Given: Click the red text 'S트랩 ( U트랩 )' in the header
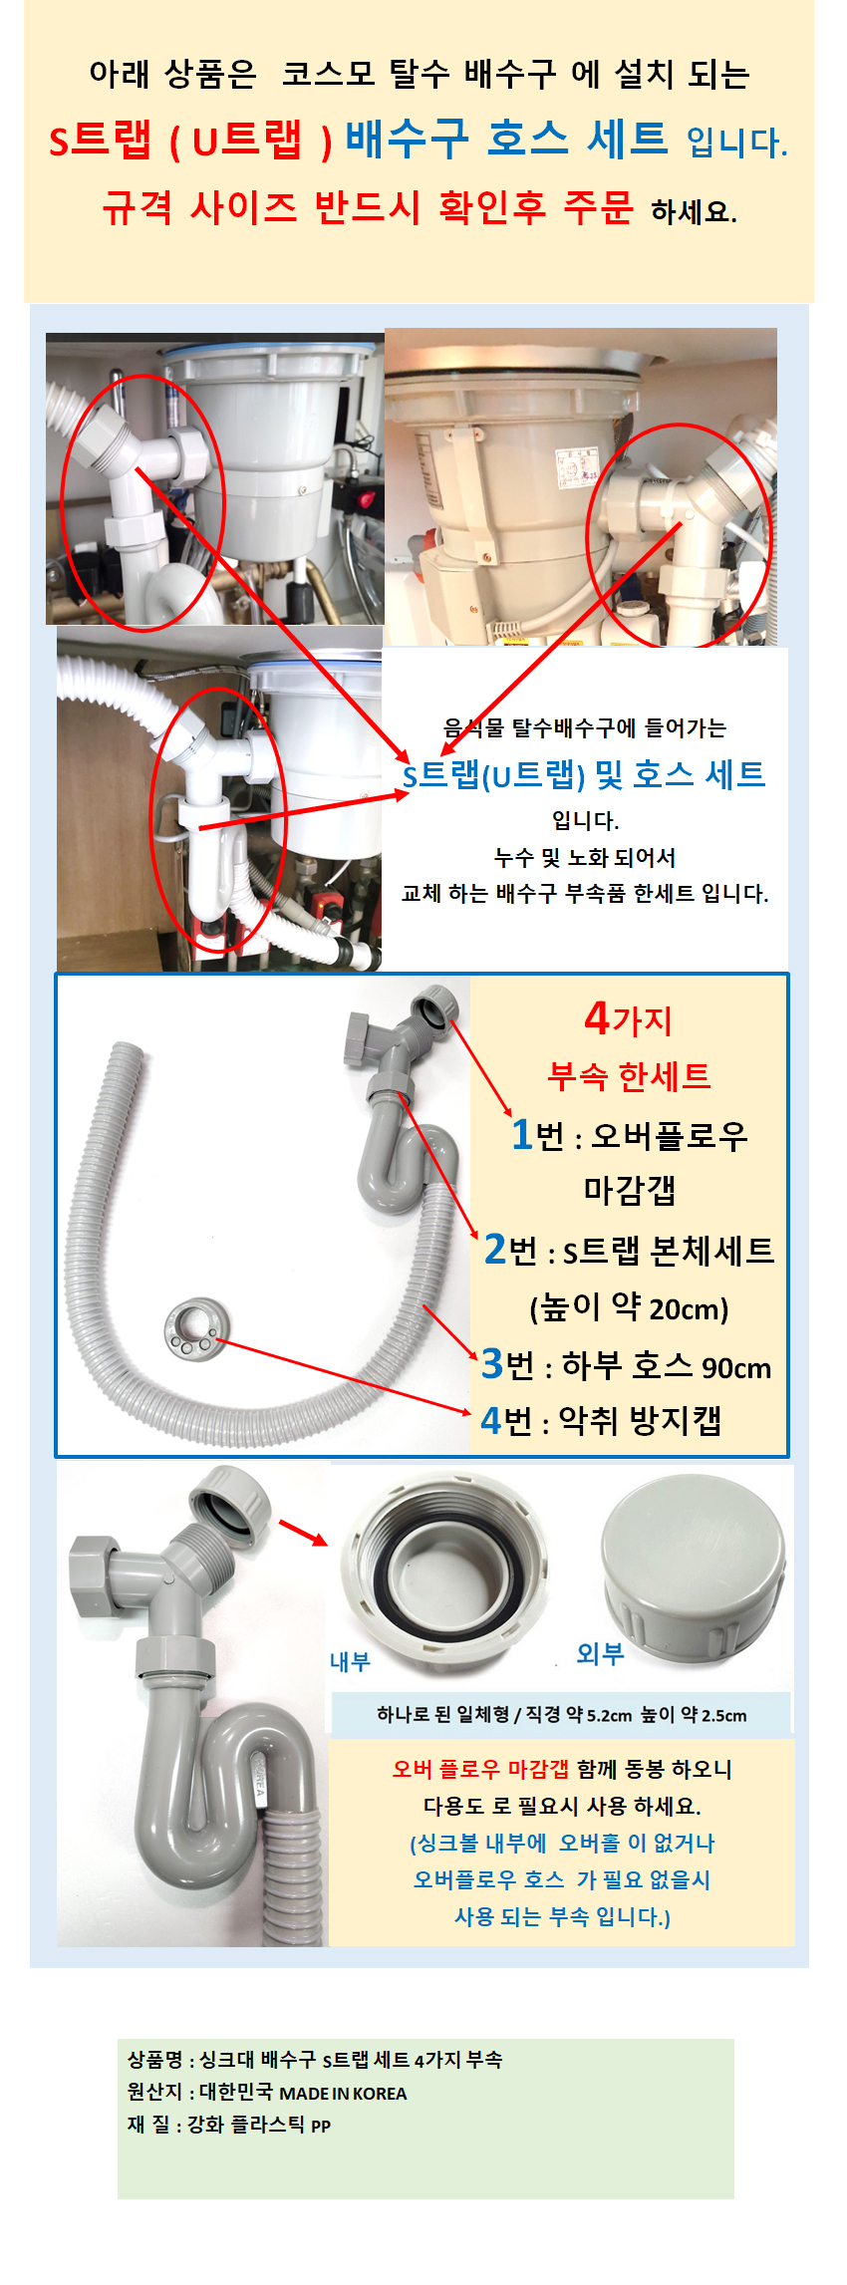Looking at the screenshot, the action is pos(190,141).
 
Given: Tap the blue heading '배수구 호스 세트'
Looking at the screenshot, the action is pos(506,139).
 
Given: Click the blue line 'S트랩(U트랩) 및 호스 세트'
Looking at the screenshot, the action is pos(584,774).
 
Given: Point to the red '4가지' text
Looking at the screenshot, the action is pos(629,1018).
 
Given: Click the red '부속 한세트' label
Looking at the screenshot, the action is pos(629,1075).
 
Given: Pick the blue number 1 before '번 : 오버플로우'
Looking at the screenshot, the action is pos(521,1134).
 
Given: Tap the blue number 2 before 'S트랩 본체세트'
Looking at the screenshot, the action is pos(494,1249).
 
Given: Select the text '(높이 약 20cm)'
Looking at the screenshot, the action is pos(629,1306).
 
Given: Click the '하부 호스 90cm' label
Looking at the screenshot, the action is pos(667,1365).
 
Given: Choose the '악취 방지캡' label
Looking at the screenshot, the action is pos(640,1420).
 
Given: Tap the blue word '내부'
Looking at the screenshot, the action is pos(350,1661).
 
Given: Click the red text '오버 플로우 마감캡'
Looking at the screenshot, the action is pos(480,1769).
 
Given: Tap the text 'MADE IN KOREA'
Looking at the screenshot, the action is pos(343,2093).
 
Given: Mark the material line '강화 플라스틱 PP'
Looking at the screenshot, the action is pos(259,2124).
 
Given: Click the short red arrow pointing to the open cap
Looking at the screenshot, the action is pos(303,1533).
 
